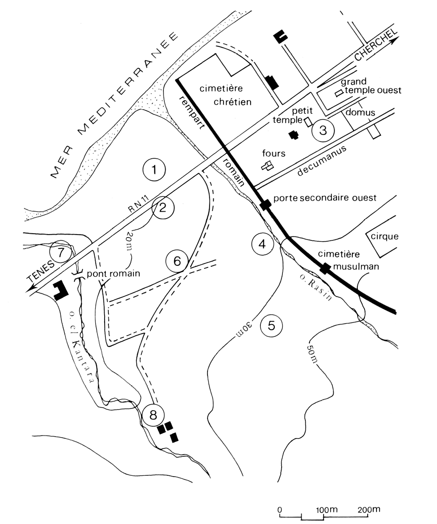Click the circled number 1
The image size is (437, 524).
154,169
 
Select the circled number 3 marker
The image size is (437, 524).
323,130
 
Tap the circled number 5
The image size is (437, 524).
271,325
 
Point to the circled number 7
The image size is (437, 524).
61,252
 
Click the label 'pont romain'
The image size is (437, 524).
113,273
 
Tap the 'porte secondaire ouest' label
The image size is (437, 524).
325,198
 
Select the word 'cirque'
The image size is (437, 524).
384,237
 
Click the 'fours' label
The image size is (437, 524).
274,153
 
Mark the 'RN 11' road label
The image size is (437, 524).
138,204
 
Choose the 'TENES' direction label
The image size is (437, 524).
41,272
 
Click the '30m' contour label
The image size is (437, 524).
243,329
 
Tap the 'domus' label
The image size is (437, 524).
360,112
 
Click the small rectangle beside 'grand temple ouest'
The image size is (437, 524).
339,93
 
